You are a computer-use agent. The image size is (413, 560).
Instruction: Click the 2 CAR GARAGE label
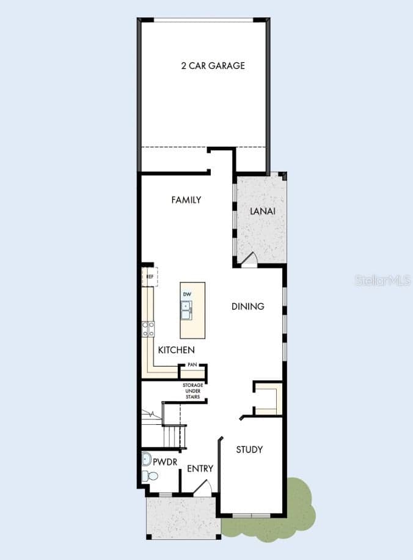click(x=213, y=65)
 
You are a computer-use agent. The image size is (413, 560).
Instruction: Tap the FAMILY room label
click(x=186, y=200)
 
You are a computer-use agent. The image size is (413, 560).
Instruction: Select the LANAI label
click(x=263, y=211)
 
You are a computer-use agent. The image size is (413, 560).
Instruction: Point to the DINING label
click(x=247, y=306)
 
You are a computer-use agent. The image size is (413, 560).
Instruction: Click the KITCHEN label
click(x=177, y=350)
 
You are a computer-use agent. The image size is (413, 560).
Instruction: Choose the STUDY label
click(x=249, y=449)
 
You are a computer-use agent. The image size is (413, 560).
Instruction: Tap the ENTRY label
click(x=200, y=468)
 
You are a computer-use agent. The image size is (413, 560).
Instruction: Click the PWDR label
click(x=165, y=462)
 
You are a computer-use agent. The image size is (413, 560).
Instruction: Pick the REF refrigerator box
click(x=150, y=276)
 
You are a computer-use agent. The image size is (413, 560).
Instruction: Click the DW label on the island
click(x=187, y=294)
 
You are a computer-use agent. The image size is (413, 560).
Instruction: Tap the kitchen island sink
click(x=186, y=311)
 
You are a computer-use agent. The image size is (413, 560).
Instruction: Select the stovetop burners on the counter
click(x=148, y=329)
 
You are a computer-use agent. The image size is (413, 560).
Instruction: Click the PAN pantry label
click(x=192, y=364)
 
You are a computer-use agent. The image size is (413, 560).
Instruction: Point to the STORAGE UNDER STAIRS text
click(x=193, y=391)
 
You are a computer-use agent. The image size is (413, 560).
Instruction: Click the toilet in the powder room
click(x=150, y=476)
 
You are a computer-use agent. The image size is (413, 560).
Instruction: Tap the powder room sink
click(x=147, y=459)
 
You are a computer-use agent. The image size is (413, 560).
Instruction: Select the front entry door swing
click(x=203, y=487)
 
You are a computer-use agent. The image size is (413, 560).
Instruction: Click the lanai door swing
click(x=249, y=259)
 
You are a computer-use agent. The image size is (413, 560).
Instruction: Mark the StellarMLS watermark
click(x=383, y=281)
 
